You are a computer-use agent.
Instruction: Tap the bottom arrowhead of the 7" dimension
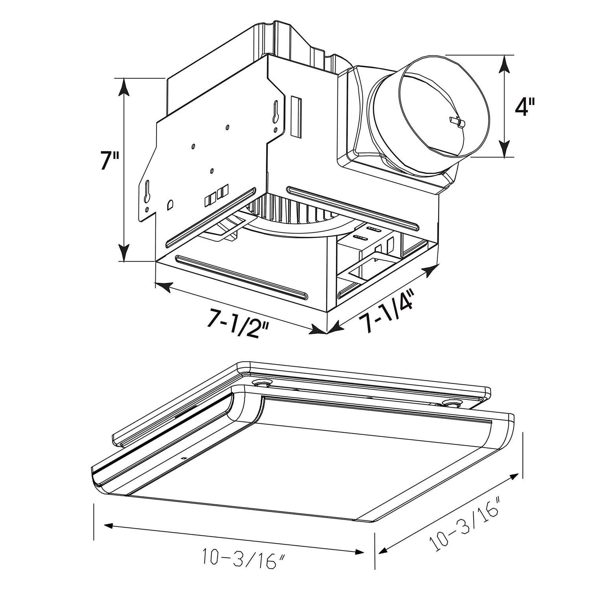click(x=124, y=252)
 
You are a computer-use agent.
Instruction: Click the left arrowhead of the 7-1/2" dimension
click(x=163, y=286)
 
